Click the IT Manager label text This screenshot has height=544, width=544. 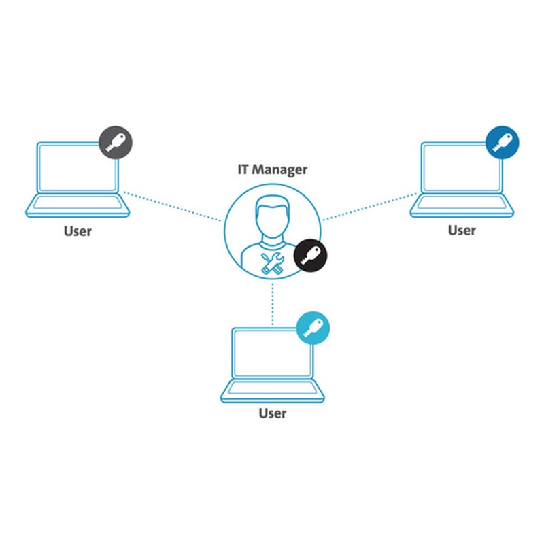(x=272, y=169)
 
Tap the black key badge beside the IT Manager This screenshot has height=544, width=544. (x=310, y=256)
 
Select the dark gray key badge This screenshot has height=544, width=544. (x=116, y=142)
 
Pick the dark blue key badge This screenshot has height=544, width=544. (x=503, y=142)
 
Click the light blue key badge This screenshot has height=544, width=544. (x=313, y=328)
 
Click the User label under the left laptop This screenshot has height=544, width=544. (x=78, y=231)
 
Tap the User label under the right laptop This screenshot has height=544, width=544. (x=462, y=231)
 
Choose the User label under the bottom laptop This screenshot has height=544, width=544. (x=273, y=413)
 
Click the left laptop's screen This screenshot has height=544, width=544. (x=78, y=168)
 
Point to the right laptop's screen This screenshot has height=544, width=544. (x=461, y=168)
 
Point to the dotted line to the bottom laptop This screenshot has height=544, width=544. (x=273, y=303)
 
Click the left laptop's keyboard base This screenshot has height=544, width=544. (x=78, y=205)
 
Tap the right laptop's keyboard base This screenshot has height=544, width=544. (x=461, y=205)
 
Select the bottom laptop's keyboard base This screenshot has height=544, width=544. (x=272, y=390)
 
